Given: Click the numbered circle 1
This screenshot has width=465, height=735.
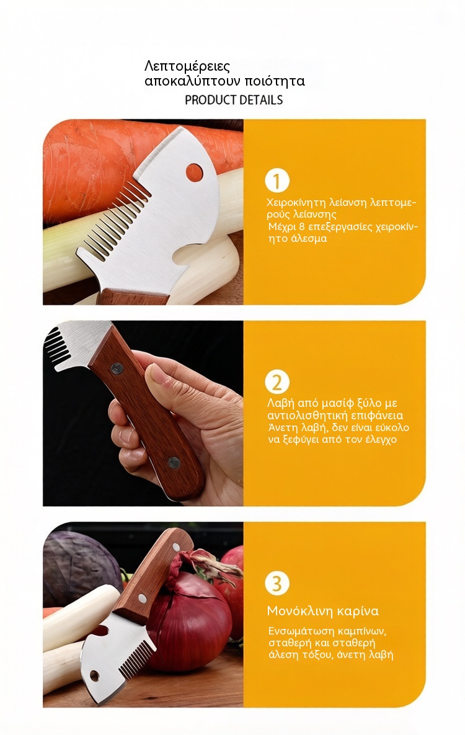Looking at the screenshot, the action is [x=277, y=181].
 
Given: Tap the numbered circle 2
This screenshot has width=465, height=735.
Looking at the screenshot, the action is [x=277, y=383].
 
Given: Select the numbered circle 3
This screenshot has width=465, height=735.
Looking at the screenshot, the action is [x=277, y=584].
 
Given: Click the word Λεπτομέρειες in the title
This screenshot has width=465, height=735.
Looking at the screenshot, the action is [x=187, y=66].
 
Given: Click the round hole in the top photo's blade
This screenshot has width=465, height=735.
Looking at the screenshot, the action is [x=194, y=172].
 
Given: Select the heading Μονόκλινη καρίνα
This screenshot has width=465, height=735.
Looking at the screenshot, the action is [x=322, y=611].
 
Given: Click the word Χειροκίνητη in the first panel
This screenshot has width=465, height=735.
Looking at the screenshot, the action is [x=296, y=203].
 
